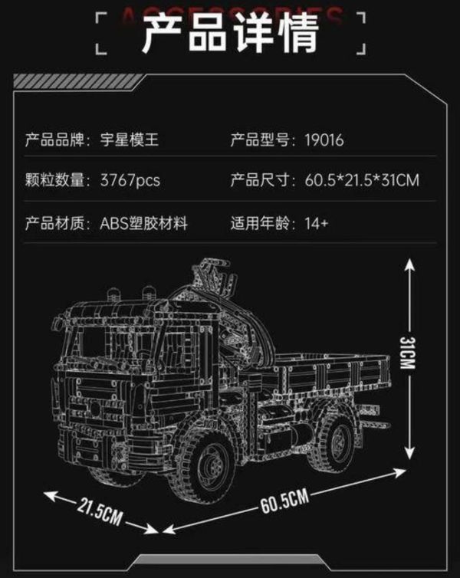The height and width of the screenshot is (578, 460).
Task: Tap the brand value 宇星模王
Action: coord(133,140)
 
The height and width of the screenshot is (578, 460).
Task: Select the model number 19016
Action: coord(323,140)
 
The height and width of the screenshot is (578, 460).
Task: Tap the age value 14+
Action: coord(317,224)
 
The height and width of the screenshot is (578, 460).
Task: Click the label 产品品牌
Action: coord(57,140)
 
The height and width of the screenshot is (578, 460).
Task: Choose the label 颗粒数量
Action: coord(57,182)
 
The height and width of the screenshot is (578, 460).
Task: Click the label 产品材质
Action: coord(57,224)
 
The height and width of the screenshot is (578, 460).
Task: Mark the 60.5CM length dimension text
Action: coord(284,506)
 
